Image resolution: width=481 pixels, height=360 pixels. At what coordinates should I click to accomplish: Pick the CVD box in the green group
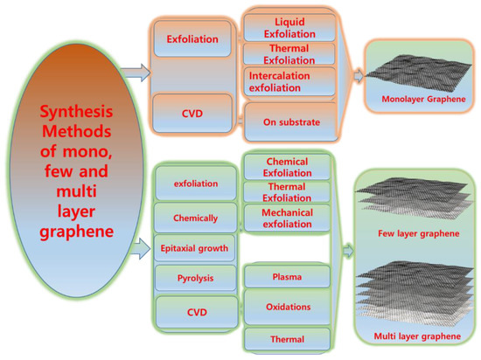pyautogui.click(x=193, y=310)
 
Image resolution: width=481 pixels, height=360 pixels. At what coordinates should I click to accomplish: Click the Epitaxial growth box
pyautogui.click(x=193, y=248)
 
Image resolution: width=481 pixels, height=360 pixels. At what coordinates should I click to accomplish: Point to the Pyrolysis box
pyautogui.click(x=193, y=279)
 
